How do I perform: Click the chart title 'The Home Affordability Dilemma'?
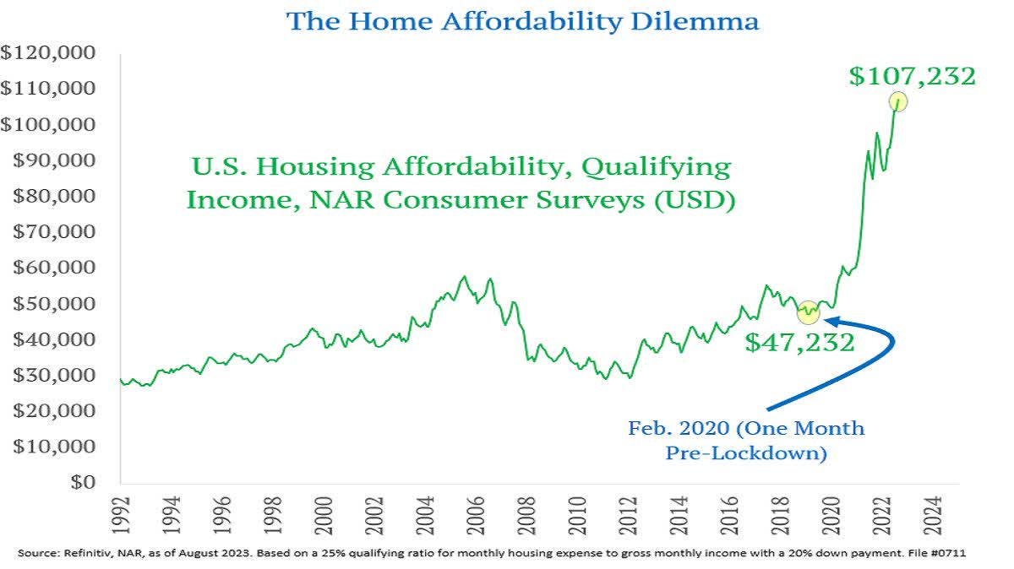point(522,20)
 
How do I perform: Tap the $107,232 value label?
point(913,76)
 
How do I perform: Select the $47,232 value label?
point(799,342)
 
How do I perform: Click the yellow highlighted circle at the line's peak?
point(897,101)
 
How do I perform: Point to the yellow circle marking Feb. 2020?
point(809,312)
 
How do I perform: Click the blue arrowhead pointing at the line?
point(831,320)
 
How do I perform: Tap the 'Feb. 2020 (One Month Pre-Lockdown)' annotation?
point(745,440)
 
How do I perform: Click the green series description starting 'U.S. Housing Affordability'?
point(459,183)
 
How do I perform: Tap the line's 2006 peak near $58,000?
point(463,277)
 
